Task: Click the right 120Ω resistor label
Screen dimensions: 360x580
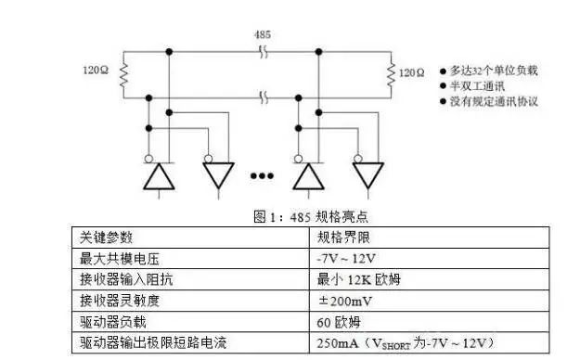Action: (411, 71)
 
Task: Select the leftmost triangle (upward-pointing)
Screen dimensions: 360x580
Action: (161, 175)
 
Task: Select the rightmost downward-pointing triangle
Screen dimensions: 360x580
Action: (367, 175)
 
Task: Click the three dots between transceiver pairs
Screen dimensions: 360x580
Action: (263, 175)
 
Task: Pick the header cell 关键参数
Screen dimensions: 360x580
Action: (107, 236)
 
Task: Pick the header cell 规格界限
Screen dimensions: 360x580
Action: (343, 236)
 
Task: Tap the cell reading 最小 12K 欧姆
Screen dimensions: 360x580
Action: (357, 278)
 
